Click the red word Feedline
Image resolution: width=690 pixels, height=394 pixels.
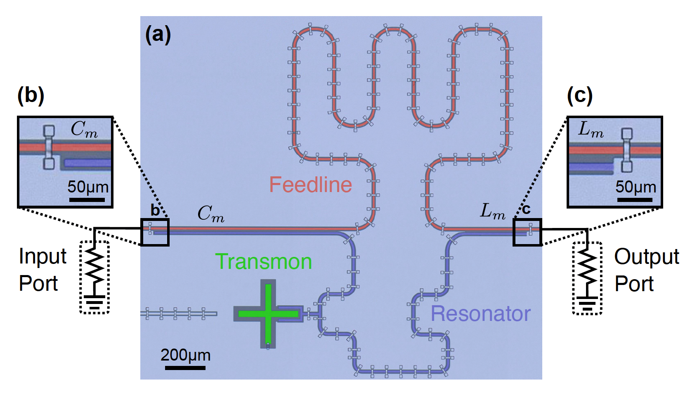[310, 185]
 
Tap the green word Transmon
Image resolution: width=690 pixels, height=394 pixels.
[263, 262]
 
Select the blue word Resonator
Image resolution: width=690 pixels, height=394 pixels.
[480, 314]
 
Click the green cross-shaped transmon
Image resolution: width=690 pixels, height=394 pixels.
[268, 313]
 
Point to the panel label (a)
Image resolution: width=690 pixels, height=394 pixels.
[158, 34]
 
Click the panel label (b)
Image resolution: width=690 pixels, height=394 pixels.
[31, 95]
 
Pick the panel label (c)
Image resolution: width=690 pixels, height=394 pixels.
[579, 95]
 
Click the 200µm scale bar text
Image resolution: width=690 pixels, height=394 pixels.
[185, 355]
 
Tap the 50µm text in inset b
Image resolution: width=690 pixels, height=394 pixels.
[88, 187]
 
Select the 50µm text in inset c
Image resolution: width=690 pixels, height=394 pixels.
[636, 187]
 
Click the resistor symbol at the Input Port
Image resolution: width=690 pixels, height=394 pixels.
[95, 266]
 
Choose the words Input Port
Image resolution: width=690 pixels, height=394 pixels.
[42, 270]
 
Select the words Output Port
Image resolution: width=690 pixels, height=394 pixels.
[646, 270]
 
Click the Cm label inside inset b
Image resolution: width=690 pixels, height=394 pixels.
[84, 129]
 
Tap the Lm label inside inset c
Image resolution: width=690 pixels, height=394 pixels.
[591, 130]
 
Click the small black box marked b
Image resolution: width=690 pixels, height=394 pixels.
[155, 233]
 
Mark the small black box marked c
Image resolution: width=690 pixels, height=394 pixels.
[527, 233]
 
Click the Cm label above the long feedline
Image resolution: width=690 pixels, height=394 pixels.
[210, 214]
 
